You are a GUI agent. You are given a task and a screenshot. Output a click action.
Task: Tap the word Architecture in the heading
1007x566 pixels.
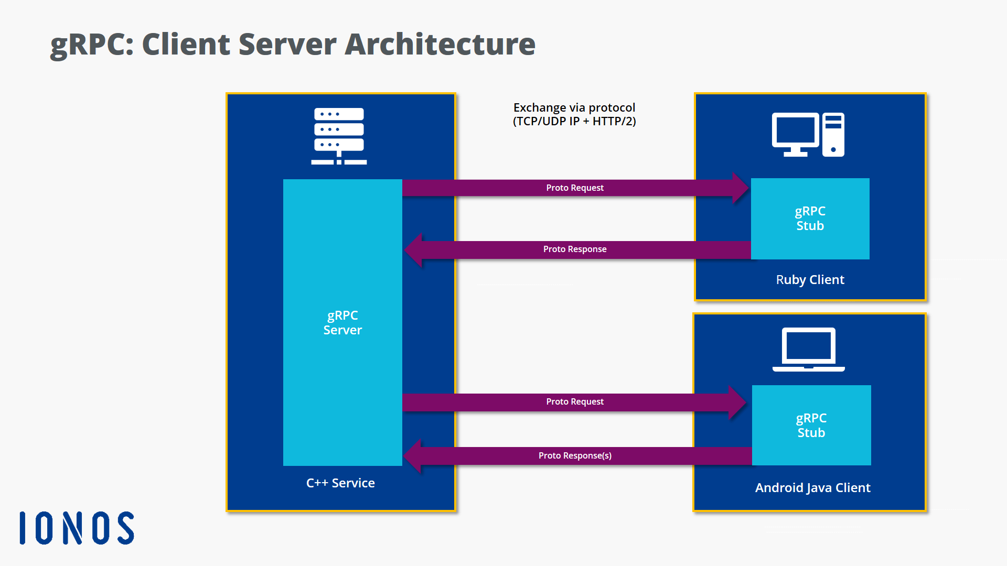(440, 44)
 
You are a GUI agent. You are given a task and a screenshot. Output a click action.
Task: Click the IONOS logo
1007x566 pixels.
(77, 528)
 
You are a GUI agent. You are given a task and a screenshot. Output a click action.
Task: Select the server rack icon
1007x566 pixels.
(339, 136)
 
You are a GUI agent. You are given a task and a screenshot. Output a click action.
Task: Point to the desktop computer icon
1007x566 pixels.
(808, 135)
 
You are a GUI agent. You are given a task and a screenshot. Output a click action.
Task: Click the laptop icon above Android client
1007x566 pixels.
(808, 349)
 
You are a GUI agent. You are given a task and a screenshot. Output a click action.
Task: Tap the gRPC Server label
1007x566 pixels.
(342, 323)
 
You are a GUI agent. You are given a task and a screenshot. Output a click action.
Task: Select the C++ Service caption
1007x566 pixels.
(340, 483)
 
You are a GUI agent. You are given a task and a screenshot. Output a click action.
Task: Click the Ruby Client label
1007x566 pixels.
(810, 280)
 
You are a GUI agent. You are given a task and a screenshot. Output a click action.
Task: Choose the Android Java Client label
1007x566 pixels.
(812, 488)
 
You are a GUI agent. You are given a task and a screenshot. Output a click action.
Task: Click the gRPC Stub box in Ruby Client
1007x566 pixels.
(810, 219)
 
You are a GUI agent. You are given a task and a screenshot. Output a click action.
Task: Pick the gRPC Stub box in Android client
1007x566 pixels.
(811, 426)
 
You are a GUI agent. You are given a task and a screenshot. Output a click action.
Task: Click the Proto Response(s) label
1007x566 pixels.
(575, 456)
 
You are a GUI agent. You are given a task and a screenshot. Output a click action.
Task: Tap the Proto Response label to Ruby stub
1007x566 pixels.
(575, 249)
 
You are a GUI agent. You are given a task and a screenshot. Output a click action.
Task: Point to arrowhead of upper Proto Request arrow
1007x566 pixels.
(740, 188)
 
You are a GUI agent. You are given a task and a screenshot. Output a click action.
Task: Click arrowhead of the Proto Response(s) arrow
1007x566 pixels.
(413, 456)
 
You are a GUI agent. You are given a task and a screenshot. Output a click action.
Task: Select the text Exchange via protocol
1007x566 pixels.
(574, 107)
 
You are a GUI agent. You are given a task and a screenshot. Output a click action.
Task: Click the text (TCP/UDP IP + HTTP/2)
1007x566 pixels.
(574, 122)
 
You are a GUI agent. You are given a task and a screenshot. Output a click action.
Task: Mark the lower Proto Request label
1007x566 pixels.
(575, 402)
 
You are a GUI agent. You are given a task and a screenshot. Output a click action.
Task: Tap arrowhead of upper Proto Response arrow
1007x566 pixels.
(414, 249)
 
